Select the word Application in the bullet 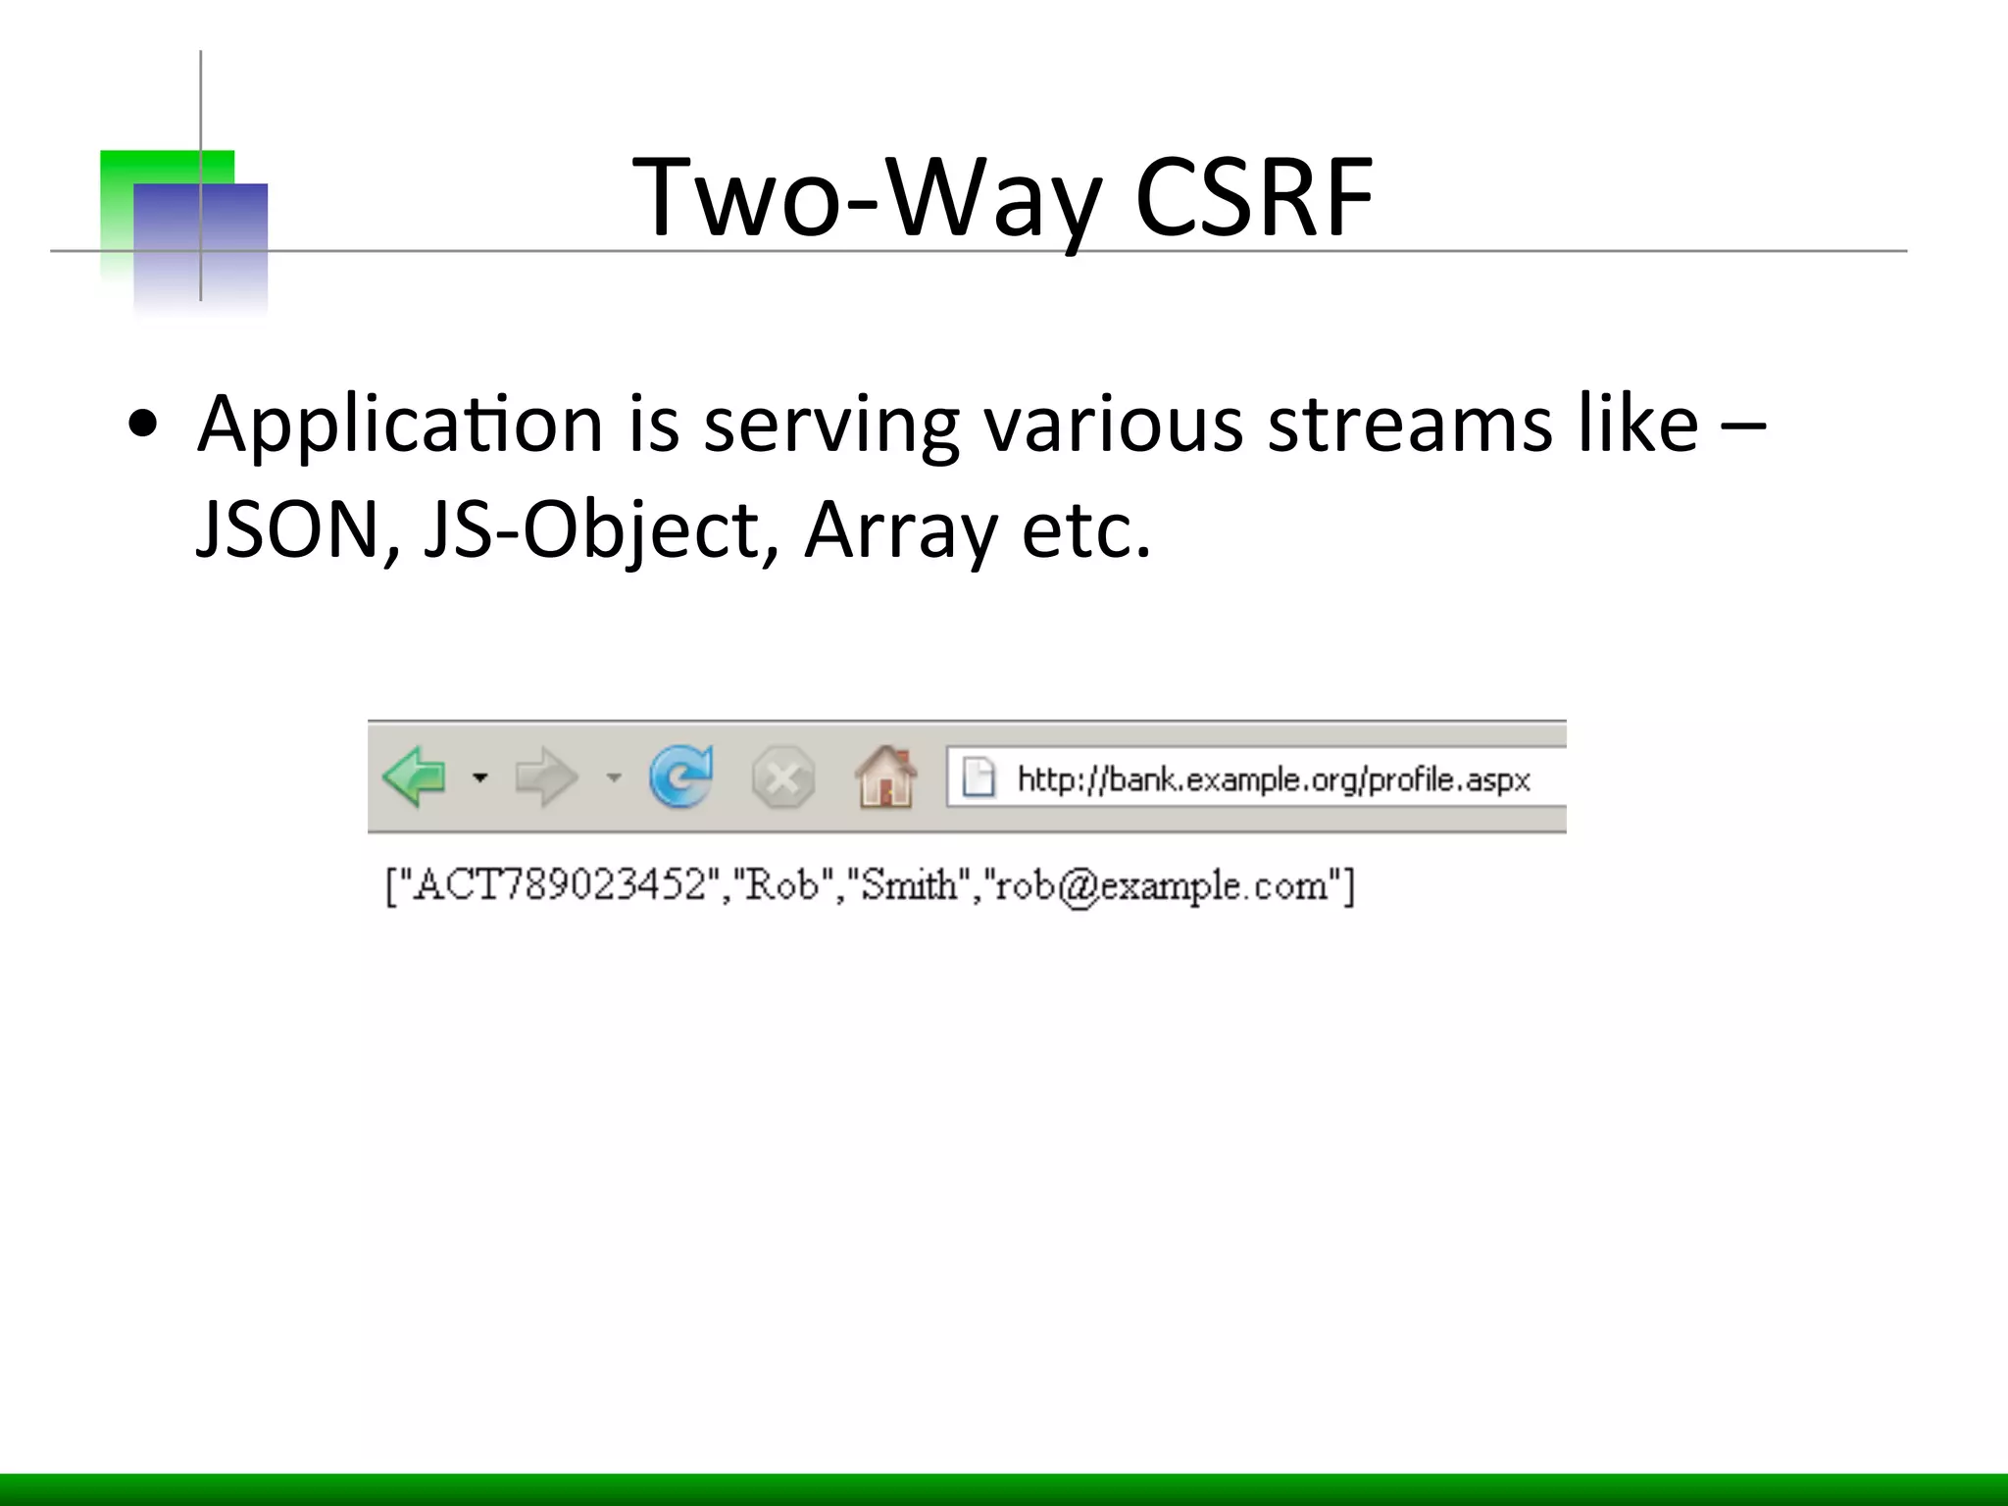point(400,425)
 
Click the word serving point(831,425)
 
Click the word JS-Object point(591,529)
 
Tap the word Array point(901,529)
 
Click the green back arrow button point(415,777)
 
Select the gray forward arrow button point(546,778)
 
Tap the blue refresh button point(681,777)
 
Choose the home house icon point(886,777)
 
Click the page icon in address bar point(979,778)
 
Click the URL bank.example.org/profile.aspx point(1273,779)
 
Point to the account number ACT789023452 point(559,885)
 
